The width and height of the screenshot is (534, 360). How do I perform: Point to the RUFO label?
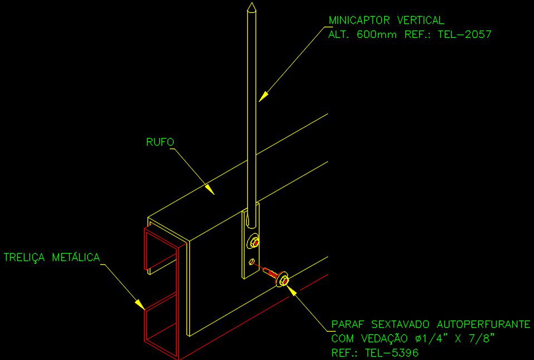tap(160, 142)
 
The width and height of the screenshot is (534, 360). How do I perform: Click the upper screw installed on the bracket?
tap(255, 242)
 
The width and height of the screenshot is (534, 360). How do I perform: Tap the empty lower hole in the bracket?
tap(252, 261)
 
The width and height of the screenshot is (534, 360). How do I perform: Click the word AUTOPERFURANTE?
tap(484, 324)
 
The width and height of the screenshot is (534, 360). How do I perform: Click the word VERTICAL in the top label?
tap(420, 21)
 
